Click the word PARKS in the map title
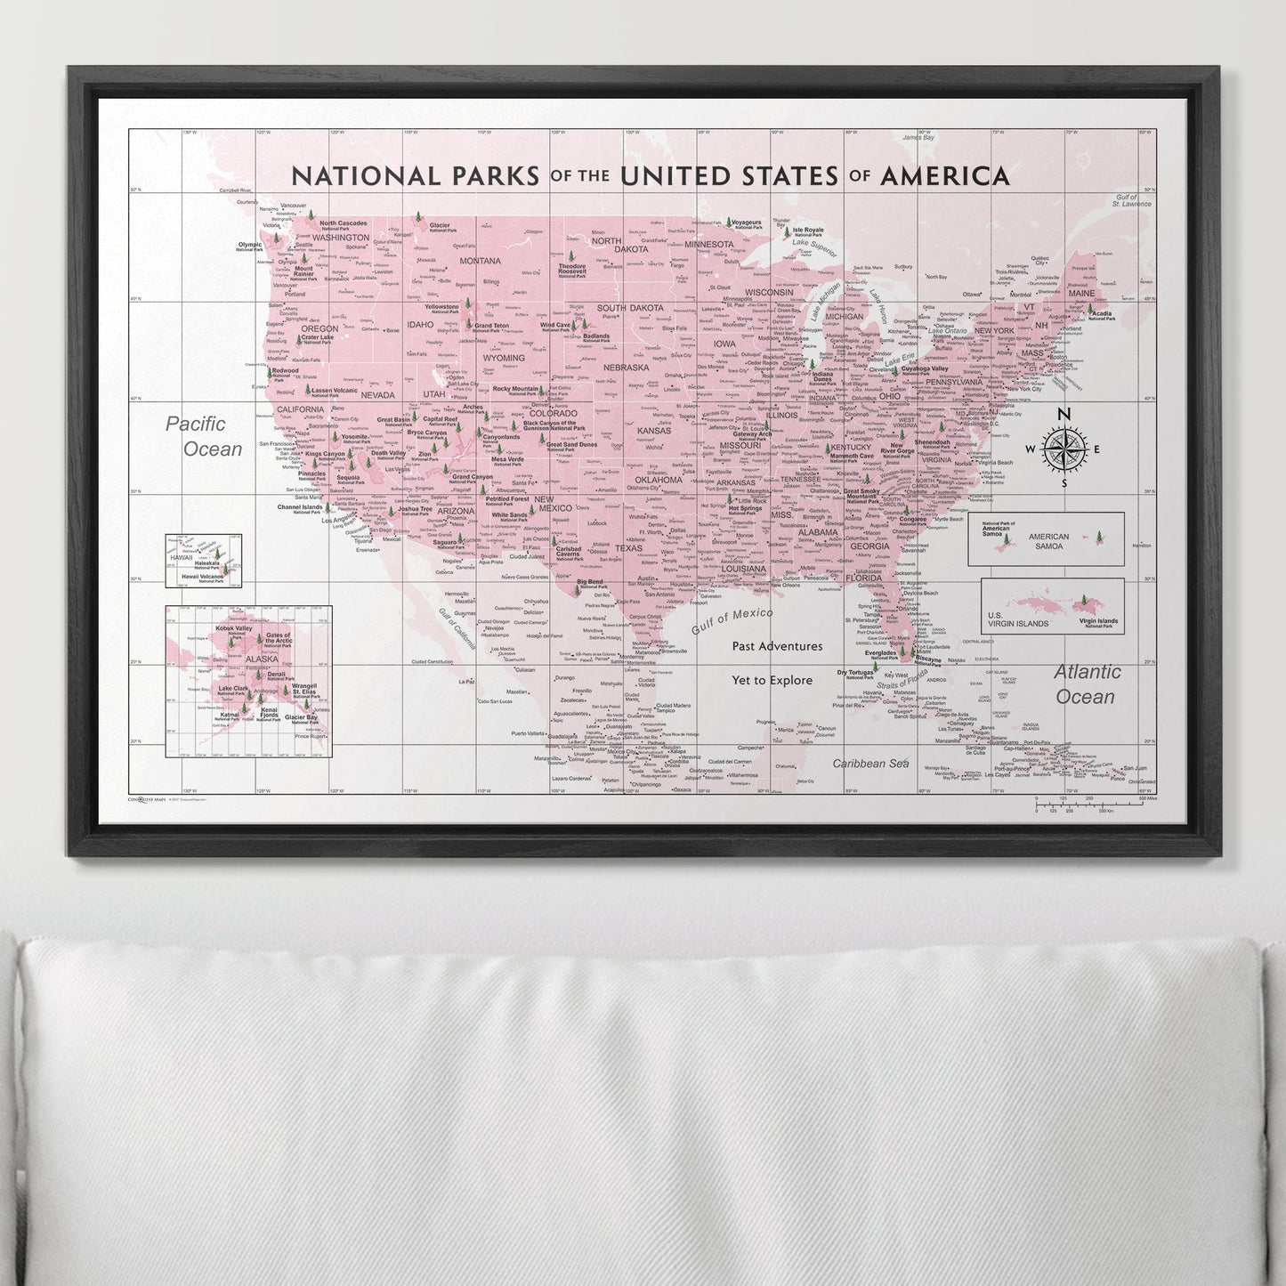pyautogui.click(x=490, y=175)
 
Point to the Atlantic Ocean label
pyautogui.click(x=1087, y=683)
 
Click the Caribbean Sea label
pyautogui.click(x=869, y=764)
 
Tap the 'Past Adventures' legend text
pyautogui.click(x=777, y=646)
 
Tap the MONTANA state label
pyautogui.click(x=481, y=261)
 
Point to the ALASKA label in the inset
pyautogui.click(x=262, y=659)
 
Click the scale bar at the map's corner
pyautogui.click(x=1094, y=805)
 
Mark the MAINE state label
pyautogui.click(x=1082, y=293)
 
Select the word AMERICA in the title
pyautogui.click(x=945, y=175)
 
